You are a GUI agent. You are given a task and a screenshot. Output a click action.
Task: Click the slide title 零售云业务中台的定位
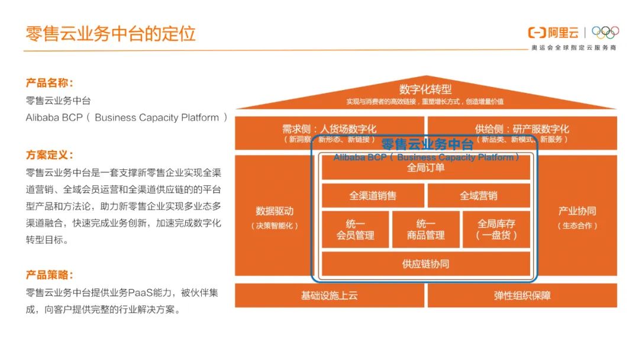pyautogui.click(x=111, y=33)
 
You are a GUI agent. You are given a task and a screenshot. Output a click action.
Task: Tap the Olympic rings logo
pyautogui.click(x=605, y=33)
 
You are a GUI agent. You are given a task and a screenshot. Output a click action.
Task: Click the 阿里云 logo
pyautogui.click(x=554, y=33)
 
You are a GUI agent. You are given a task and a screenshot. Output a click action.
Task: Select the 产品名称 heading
pyautogui.click(x=50, y=83)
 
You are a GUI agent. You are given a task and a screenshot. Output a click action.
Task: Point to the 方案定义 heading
pyautogui.click(x=50, y=155)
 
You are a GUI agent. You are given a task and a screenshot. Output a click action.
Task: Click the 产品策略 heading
pyautogui.click(x=50, y=275)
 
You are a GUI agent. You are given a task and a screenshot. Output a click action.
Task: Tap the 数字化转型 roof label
pyautogui.click(x=425, y=89)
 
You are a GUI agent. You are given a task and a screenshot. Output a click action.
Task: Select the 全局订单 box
pyautogui.click(x=426, y=168)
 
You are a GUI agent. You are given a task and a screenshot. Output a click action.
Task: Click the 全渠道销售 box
pyautogui.click(x=373, y=195)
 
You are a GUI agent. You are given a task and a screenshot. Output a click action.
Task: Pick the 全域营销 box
pyautogui.click(x=479, y=195)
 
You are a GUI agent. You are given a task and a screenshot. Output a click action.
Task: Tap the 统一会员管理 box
pyautogui.click(x=356, y=229)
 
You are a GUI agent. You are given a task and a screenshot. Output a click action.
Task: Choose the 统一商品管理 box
pyautogui.click(x=426, y=229)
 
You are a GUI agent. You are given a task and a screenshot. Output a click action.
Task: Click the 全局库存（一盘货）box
pyautogui.click(x=496, y=229)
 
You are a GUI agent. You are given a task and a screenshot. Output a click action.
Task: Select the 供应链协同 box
pyautogui.click(x=426, y=263)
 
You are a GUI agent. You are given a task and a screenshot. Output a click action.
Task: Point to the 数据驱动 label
pyautogui.click(x=275, y=211)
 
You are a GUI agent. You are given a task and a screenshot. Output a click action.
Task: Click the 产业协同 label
pyautogui.click(x=577, y=211)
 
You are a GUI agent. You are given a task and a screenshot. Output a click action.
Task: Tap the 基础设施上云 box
pyautogui.click(x=330, y=295)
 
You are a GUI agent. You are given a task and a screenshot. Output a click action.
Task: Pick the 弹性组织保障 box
pyautogui.click(x=522, y=295)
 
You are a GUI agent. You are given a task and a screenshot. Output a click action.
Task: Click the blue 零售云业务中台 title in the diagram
pyautogui.click(x=427, y=144)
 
